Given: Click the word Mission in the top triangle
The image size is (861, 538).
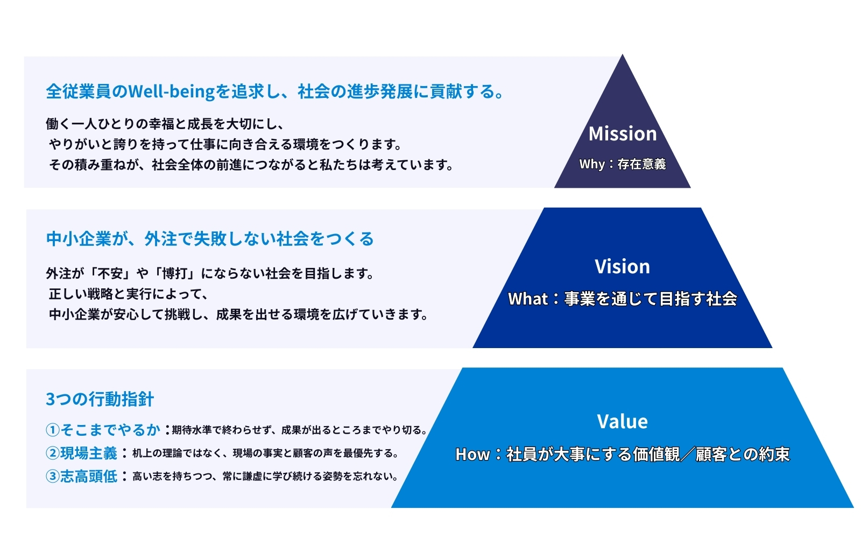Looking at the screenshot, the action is click(622, 134).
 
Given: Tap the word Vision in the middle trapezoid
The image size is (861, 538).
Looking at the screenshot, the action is click(622, 266).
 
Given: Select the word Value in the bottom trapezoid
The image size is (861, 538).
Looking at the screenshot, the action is click(622, 422).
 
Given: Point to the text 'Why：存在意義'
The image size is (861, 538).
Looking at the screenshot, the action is click(622, 164).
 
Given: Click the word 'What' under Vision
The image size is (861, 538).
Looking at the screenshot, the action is click(528, 299).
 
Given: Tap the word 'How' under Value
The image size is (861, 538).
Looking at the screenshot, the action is click(472, 454).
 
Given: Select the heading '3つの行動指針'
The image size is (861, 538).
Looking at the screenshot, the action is click(100, 399).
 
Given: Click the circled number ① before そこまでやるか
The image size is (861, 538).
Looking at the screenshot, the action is click(53, 430).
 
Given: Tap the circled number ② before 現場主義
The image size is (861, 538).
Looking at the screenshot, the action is click(53, 454).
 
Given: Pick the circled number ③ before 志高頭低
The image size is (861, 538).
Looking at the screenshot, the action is click(53, 477).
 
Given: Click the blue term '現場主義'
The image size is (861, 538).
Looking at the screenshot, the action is click(89, 454).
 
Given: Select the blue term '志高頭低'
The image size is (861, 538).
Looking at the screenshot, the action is click(89, 477).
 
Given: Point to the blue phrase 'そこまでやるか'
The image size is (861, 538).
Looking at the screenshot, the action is click(110, 430).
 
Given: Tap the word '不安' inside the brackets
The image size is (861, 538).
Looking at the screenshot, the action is click(110, 274).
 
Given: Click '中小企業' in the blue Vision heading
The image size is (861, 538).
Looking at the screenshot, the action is click(79, 239).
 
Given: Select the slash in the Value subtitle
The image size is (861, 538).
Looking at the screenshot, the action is click(688, 454).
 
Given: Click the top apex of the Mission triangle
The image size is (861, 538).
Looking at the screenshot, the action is click(622, 54).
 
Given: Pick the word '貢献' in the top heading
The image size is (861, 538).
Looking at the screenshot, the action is click(446, 91).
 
